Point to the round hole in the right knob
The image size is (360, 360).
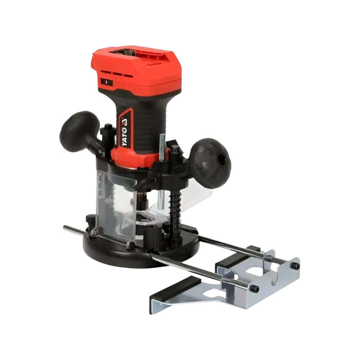tap(222, 158)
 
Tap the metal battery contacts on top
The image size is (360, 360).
tap(125, 53)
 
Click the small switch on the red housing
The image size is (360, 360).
tap(106, 82)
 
